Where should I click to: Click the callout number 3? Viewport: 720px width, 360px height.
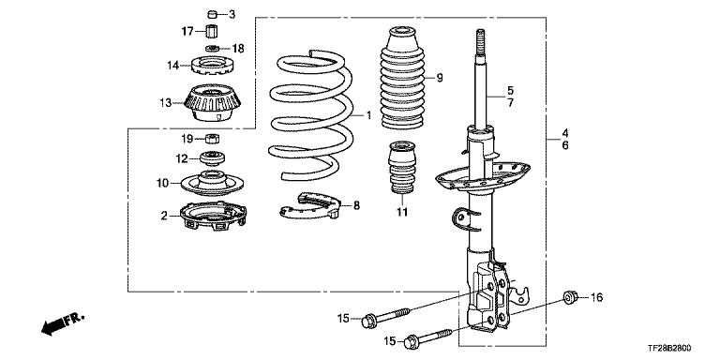click(x=232, y=15)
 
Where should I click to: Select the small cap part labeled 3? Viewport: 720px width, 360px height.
click(x=212, y=14)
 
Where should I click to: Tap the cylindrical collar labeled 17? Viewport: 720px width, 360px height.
click(x=211, y=32)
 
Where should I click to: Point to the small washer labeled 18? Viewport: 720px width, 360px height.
click(x=212, y=48)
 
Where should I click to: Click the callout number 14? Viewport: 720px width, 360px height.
click(x=172, y=66)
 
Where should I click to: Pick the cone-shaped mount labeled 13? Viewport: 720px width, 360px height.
click(x=213, y=103)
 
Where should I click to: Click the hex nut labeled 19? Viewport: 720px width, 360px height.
click(x=212, y=138)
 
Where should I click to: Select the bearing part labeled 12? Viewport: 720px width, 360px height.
click(x=213, y=158)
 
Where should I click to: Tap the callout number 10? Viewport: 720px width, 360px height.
click(x=162, y=183)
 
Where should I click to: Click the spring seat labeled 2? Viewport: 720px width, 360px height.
click(x=213, y=217)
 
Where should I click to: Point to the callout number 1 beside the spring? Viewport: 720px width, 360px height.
click(x=368, y=115)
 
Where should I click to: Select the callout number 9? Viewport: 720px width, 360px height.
click(x=440, y=78)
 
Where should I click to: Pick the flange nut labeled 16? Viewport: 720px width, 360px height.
click(x=570, y=297)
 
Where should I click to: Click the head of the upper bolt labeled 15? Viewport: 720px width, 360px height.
click(x=369, y=321)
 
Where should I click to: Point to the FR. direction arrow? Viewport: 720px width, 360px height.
click(x=63, y=323)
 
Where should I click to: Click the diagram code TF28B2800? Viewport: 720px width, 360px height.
click(x=670, y=350)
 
